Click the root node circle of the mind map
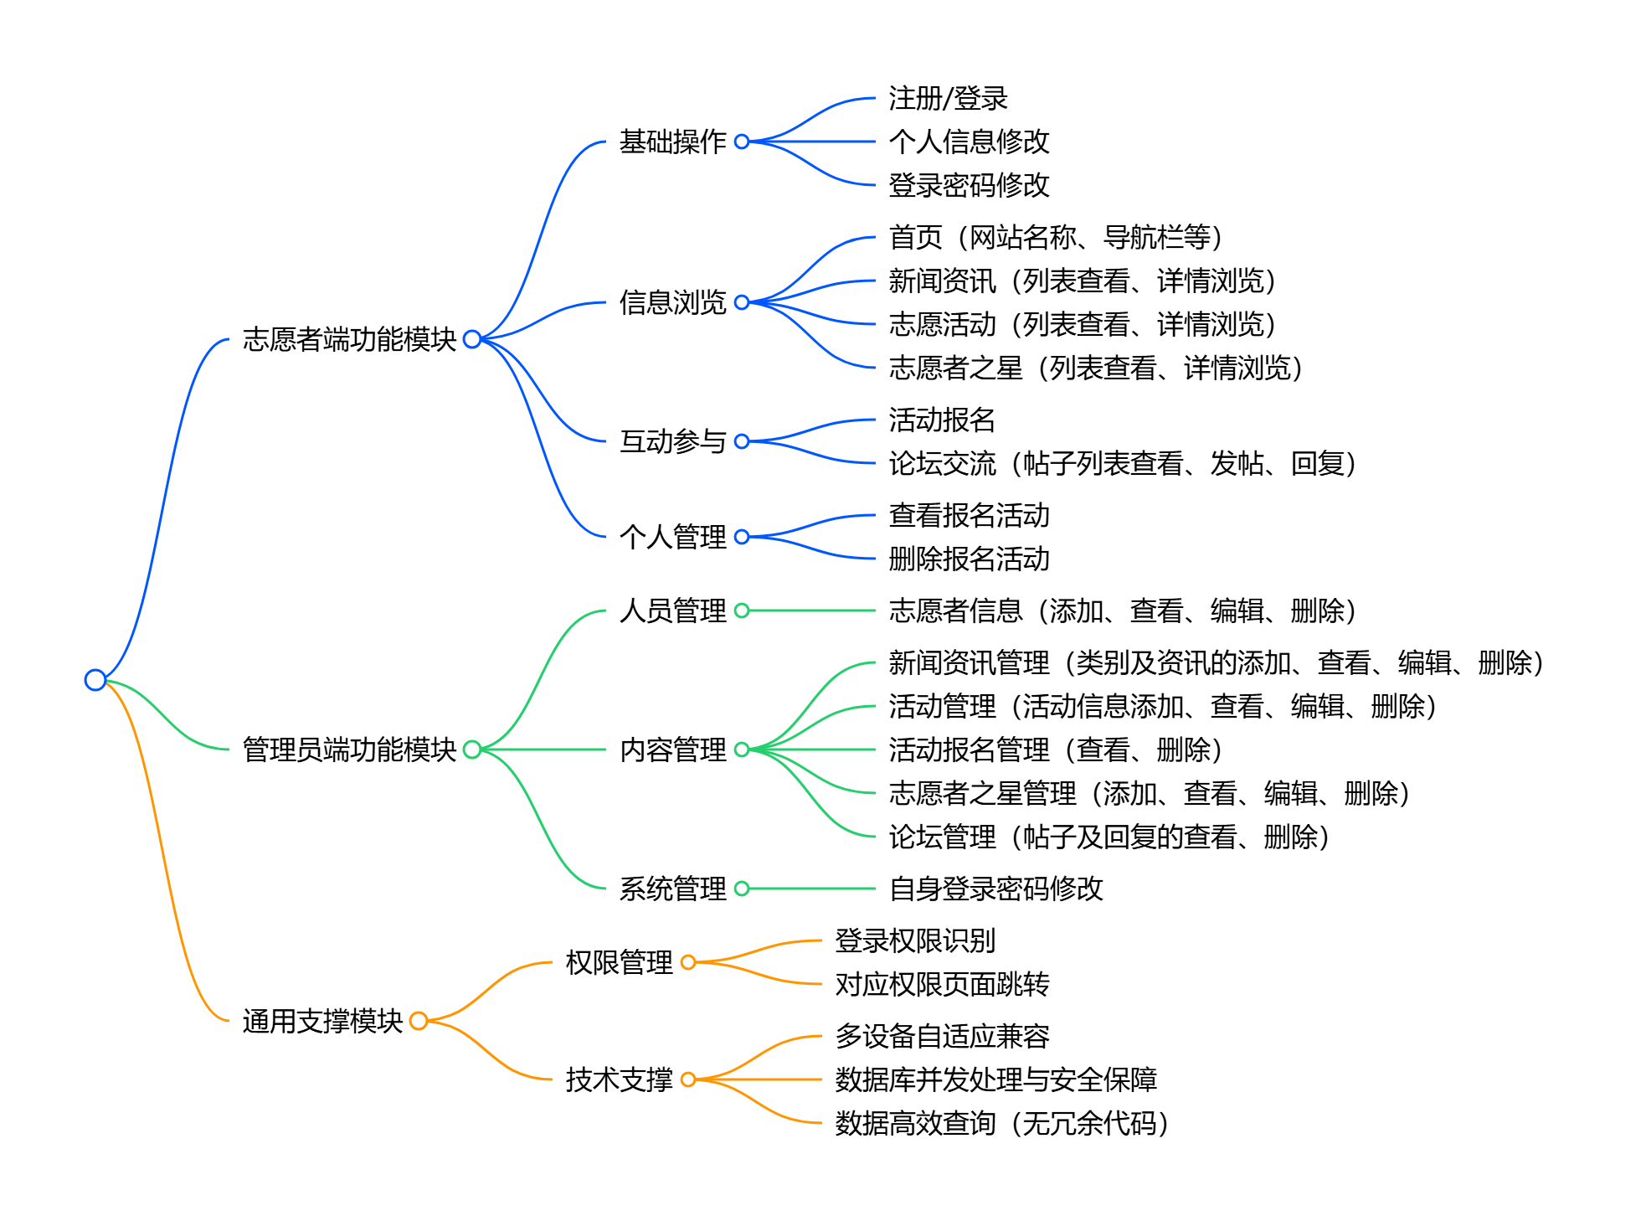tap(95, 680)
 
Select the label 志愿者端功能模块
tap(349, 339)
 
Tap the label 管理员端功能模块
tap(349, 750)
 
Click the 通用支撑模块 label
tap(322, 1021)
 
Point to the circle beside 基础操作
tap(742, 142)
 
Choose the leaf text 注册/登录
tap(948, 98)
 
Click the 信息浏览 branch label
tap(672, 302)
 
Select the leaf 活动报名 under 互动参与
tap(942, 420)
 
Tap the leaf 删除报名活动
tap(969, 559)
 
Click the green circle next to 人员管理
tap(742, 610)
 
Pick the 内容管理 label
tap(672, 750)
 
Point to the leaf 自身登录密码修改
tap(995, 889)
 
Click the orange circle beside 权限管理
tap(688, 962)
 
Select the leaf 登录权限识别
tap(915, 940)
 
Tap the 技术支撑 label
tap(619, 1079)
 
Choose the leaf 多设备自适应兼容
tap(942, 1036)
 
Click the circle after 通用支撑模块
tap(419, 1021)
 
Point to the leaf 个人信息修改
tap(969, 142)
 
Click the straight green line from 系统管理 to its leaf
tap(812, 889)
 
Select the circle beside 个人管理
tap(742, 537)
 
